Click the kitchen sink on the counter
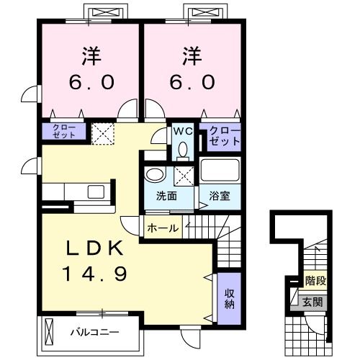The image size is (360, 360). coord(94,192)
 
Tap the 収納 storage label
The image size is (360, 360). coord(228,297)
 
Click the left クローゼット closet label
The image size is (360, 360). coord(63,131)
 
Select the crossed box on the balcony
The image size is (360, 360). coord(49,332)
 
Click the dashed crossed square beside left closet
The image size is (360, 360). coord(102,132)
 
